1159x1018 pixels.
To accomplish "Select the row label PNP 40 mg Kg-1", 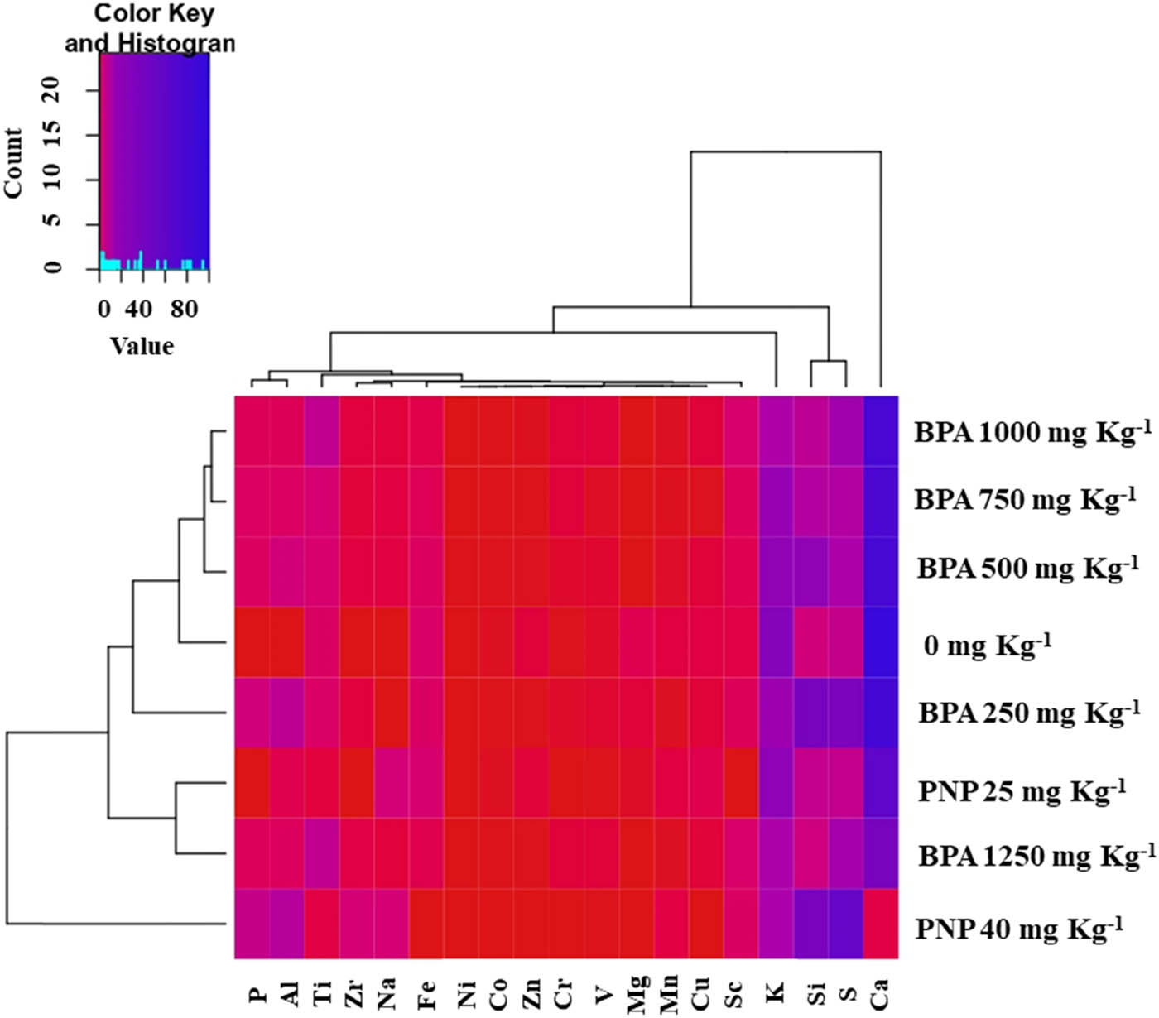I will coord(1019,928).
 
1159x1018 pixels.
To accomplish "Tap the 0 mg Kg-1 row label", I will coord(987,645).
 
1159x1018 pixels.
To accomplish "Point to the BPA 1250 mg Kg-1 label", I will coord(1036,856).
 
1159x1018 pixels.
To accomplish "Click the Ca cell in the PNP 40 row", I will coord(880,924).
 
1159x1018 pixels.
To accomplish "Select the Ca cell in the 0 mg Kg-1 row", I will coord(880,642).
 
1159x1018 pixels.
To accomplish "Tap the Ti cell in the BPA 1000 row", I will coord(321,431).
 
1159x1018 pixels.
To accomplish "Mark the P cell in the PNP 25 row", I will coord(252,783).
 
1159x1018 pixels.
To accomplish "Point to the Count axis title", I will coord(13,163).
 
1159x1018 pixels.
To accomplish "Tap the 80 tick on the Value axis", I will coord(184,309).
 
